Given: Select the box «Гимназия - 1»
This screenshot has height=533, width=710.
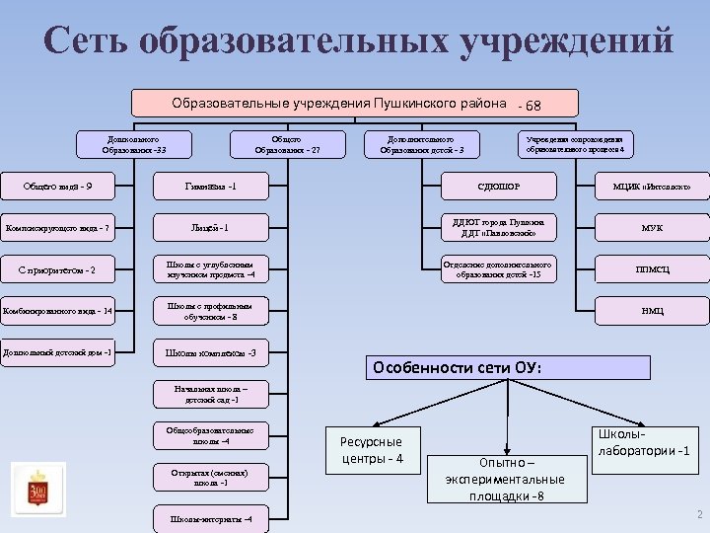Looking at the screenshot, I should (x=218, y=186).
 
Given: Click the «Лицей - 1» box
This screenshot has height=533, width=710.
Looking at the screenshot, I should (x=218, y=229).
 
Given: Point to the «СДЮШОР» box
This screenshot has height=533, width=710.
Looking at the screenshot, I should (x=500, y=186).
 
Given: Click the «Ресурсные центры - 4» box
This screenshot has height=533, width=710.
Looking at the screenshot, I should (x=372, y=450).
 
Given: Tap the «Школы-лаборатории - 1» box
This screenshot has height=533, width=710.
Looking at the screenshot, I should (x=642, y=450).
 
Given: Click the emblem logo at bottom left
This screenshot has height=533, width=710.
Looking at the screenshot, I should (x=37, y=489).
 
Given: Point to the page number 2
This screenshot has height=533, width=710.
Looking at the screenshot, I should (x=698, y=515).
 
